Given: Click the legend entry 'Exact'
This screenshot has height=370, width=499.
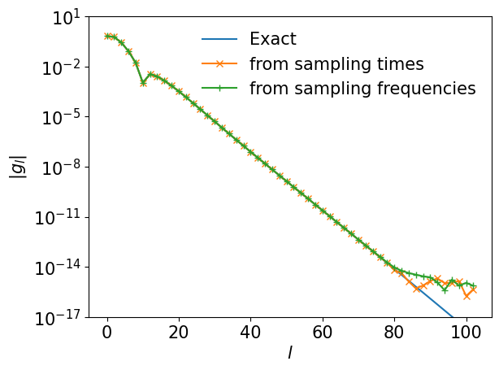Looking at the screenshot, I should pyautogui.click(x=272, y=39).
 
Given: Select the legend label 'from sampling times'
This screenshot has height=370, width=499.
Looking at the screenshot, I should pyautogui.click(x=336, y=64).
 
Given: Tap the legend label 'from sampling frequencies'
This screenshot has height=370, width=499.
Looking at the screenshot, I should pyautogui.click(x=362, y=89).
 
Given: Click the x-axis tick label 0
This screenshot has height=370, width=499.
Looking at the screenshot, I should pyautogui.click(x=106, y=332).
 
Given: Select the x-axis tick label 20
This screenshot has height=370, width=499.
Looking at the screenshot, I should pyautogui.click(x=179, y=332).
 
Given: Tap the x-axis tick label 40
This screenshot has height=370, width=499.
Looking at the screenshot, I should pyautogui.click(x=250, y=332).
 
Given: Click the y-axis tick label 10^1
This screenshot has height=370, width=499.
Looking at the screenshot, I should pyautogui.click(x=65, y=17).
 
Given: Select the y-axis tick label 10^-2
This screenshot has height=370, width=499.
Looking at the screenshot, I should pyautogui.click(x=61, y=67).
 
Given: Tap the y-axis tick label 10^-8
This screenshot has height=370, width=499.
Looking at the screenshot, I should pyautogui.click(x=61, y=168).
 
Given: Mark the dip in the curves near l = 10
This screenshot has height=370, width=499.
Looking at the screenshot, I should pyautogui.click(x=143, y=82).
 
